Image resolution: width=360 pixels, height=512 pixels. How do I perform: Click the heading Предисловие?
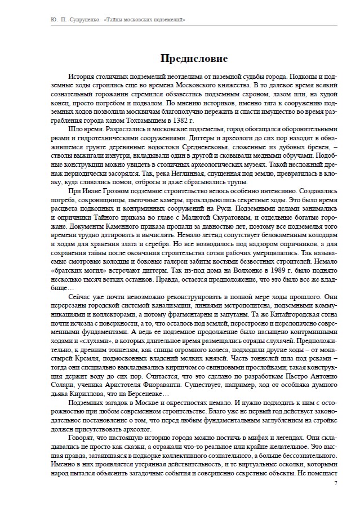tap(194, 58)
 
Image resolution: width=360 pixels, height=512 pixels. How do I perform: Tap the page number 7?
tap(336, 483)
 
